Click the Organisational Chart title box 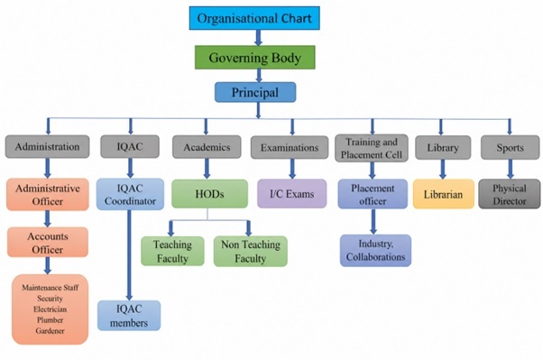click(254, 18)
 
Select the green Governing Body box click(255, 57)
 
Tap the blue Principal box click(255, 92)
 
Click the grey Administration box click(47, 146)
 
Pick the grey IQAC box click(130, 146)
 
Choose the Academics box click(207, 147)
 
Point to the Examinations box click(290, 147)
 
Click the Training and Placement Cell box click(372, 148)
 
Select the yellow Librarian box click(443, 194)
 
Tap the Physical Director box click(509, 194)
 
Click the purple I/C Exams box click(292, 194)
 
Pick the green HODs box click(209, 194)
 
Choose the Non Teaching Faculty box click(251, 251)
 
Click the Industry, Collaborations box click(375, 250)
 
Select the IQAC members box click(129, 315)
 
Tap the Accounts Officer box click(48, 242)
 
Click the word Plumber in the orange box click(50, 319)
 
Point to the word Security click(50, 299)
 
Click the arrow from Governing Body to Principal click(258, 76)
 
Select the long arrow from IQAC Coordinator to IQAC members click(129, 255)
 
